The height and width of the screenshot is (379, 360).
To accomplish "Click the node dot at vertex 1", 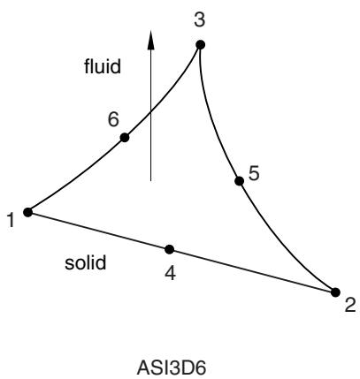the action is click(27, 212).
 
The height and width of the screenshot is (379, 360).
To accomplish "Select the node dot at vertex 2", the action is click(335, 292).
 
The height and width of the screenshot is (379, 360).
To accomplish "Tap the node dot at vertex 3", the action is click(200, 45).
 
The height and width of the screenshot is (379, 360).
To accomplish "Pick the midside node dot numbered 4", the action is click(169, 249).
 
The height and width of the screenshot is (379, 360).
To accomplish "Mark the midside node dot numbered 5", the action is click(240, 181).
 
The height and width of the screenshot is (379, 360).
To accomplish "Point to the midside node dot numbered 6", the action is click(125, 138).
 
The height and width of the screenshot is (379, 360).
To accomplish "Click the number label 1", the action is click(11, 220).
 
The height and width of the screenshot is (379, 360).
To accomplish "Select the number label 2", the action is click(350, 305).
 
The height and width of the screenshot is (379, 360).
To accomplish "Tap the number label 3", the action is click(200, 20).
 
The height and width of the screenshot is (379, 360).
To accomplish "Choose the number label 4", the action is click(171, 273).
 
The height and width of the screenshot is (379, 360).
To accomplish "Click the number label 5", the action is click(254, 173).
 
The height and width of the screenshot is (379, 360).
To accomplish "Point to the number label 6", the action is click(113, 119).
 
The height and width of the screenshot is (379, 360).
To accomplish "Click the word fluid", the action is click(103, 66).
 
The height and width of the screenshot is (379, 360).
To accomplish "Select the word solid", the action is click(85, 262).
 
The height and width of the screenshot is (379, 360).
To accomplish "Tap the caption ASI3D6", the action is click(172, 368).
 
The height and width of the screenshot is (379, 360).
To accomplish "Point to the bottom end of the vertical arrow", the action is click(150, 180).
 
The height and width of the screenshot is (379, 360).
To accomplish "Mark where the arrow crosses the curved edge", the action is click(150, 111).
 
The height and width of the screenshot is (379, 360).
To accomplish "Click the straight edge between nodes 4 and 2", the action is click(252, 271).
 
